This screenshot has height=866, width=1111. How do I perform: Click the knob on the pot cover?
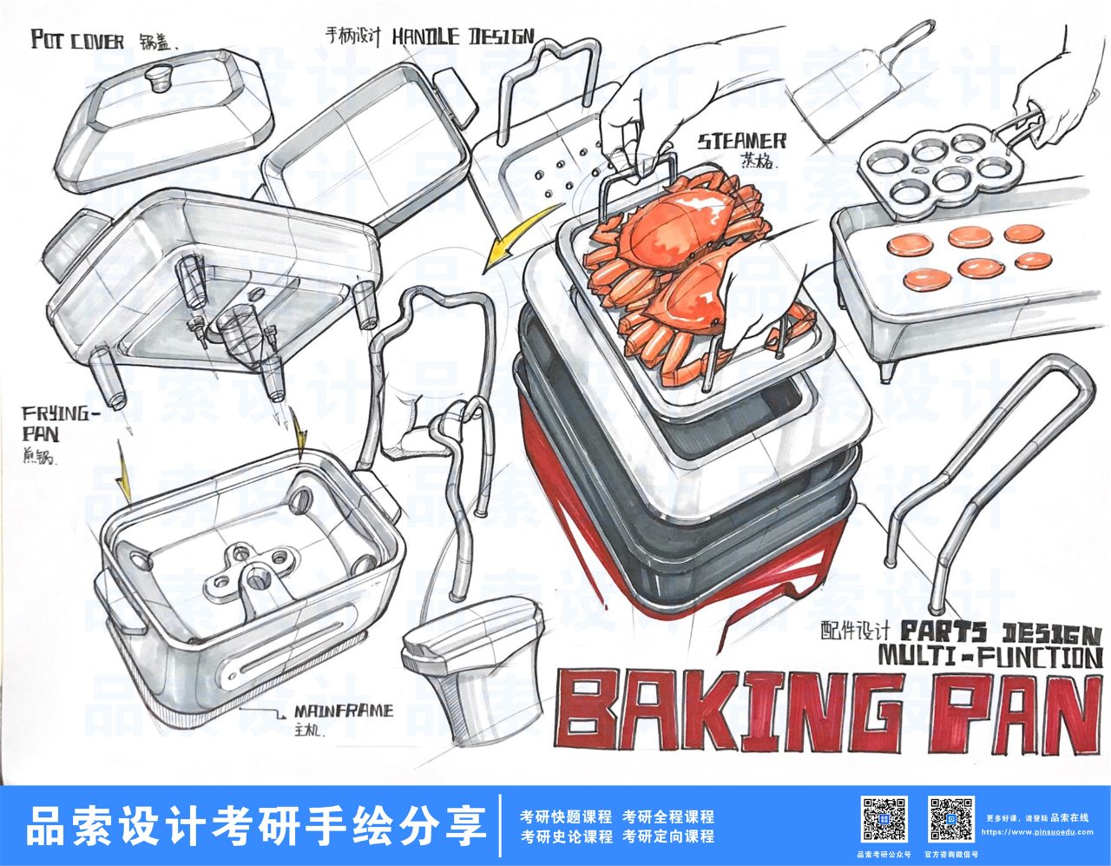[157, 77]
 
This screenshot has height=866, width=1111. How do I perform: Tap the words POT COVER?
[77, 40]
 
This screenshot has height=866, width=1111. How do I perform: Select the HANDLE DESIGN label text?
[463, 36]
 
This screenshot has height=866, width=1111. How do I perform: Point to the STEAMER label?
[742, 141]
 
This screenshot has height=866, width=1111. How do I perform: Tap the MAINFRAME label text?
[343, 711]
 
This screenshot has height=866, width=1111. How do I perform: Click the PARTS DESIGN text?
[1001, 631]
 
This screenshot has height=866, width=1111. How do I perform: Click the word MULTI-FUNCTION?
[990, 655]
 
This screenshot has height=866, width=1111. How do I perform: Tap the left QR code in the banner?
[884, 819]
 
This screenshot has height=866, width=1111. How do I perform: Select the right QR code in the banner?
[950, 819]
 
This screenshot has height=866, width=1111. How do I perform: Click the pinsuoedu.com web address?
[1036, 832]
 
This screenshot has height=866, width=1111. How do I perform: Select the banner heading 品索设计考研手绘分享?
[256, 825]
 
